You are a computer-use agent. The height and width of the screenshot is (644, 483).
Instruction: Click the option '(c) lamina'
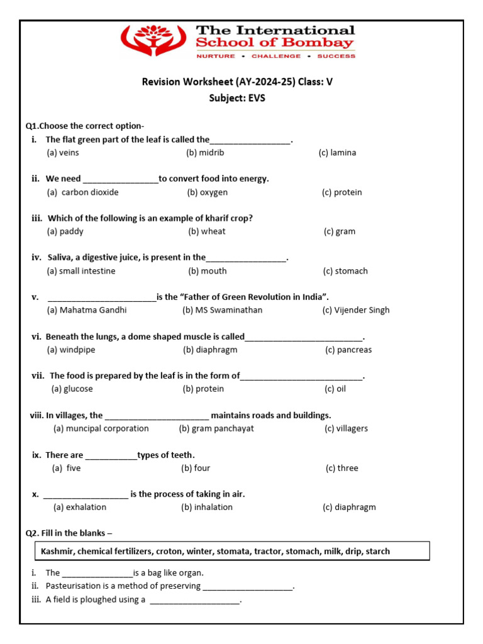(x=337, y=153)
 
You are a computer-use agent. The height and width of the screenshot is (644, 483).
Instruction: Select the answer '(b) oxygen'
(x=207, y=192)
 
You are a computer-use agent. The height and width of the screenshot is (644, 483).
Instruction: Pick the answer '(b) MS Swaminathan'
(x=222, y=310)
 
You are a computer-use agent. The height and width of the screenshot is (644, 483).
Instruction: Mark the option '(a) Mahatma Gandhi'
(x=87, y=310)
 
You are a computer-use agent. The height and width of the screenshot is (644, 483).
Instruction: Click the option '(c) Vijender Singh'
(x=356, y=310)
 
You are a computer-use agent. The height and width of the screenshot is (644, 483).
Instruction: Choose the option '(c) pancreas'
(x=348, y=350)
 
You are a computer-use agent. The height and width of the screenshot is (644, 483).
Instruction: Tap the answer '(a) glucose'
(x=72, y=389)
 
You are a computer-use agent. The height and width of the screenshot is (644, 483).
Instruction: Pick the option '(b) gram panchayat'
(x=216, y=428)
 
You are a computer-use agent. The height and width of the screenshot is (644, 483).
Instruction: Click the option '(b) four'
(x=196, y=468)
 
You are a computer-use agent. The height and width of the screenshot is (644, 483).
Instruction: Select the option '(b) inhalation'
(x=207, y=507)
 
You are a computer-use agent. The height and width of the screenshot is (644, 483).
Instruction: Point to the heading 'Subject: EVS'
(x=237, y=98)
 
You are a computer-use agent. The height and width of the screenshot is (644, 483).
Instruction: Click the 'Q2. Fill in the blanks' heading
(x=69, y=533)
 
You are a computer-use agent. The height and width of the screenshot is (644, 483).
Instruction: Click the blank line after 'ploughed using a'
(x=196, y=601)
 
